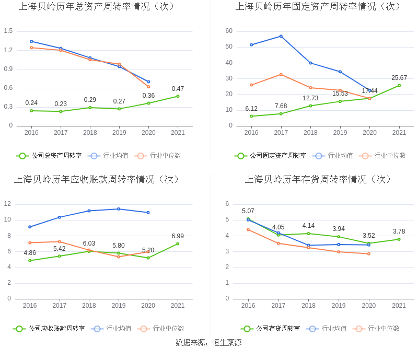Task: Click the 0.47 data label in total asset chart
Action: (178, 89)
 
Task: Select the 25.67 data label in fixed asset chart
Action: (399, 78)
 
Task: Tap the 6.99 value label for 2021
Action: (178, 236)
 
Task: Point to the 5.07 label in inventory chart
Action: (248, 211)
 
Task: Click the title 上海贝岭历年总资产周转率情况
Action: (97, 7)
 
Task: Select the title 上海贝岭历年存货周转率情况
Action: (318, 179)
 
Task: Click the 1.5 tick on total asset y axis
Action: (8, 31)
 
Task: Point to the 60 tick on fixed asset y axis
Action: (229, 31)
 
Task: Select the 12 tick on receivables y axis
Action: (8, 204)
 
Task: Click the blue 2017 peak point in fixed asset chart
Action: (281, 36)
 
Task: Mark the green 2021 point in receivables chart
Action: (178, 243)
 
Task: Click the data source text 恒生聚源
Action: (227, 343)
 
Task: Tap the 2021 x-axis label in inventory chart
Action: (399, 306)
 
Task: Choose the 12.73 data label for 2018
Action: (310, 98)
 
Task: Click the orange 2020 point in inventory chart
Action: (369, 254)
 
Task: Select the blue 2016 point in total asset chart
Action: (31, 41)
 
